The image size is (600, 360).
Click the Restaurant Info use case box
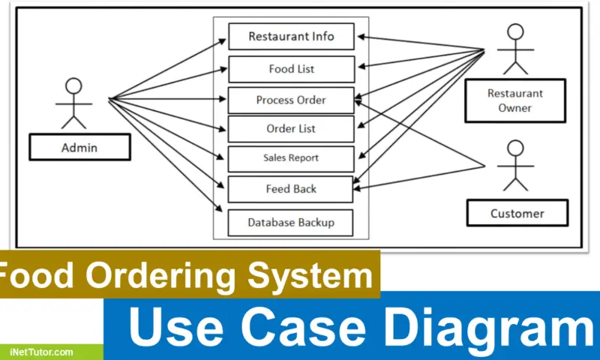(291, 36)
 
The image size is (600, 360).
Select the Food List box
(291, 69)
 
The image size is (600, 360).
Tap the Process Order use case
(291, 100)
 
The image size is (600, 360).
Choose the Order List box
(291, 129)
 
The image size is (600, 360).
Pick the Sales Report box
(291, 158)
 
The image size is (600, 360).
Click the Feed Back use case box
(291, 189)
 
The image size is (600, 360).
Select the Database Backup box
(291, 222)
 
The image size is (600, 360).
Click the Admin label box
(79, 148)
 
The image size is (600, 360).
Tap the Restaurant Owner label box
(514, 101)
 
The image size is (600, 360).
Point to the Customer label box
(517, 214)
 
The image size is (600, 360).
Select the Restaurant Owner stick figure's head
(514, 32)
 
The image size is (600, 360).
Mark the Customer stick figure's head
(514, 147)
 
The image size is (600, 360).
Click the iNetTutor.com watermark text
(41, 352)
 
